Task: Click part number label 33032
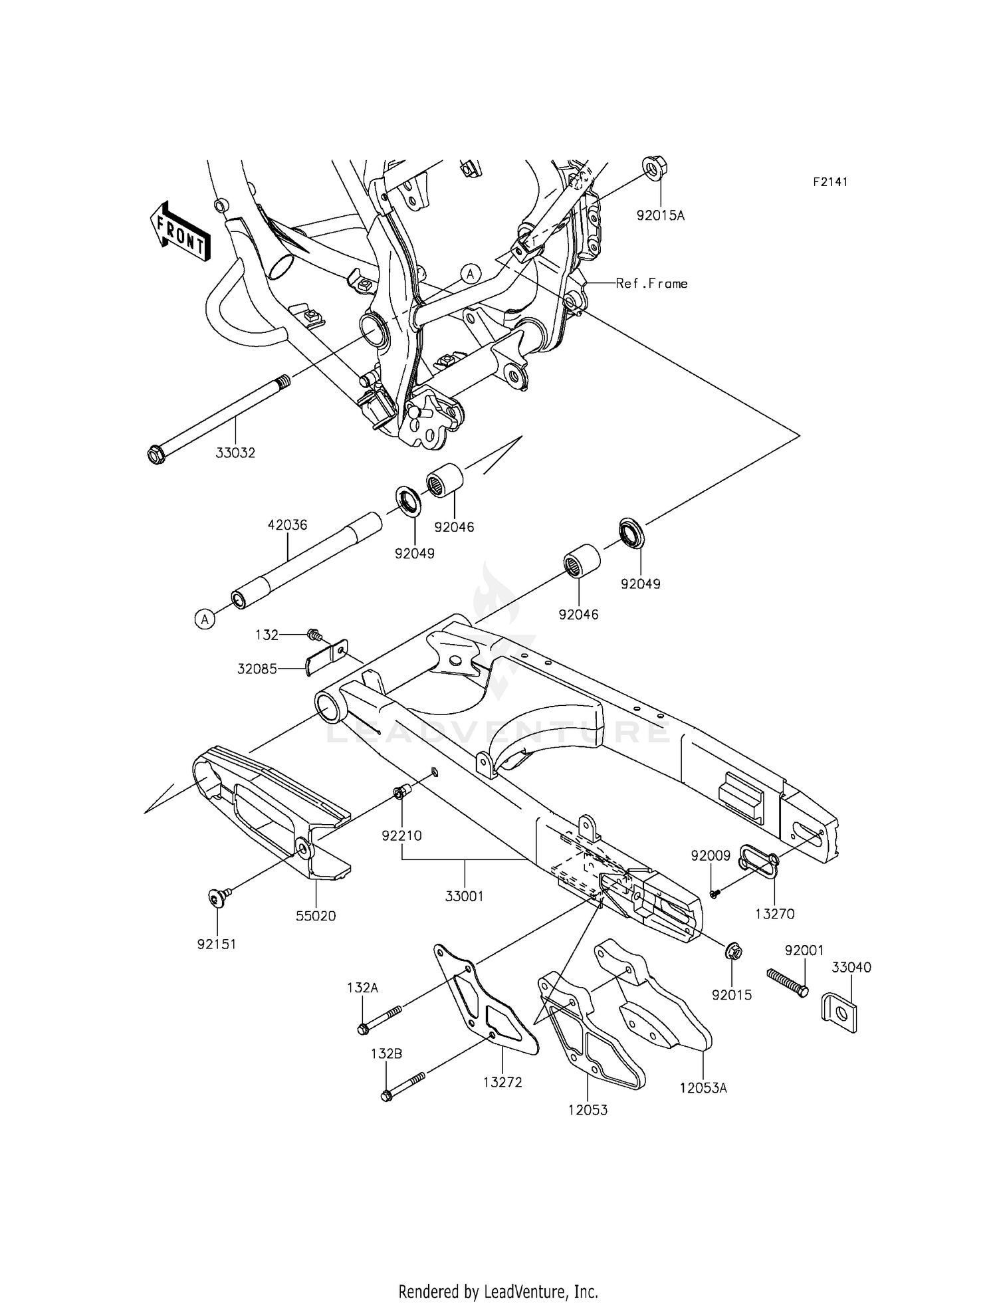coord(235,453)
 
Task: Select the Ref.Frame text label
coord(651,284)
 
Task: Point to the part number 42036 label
coord(287,525)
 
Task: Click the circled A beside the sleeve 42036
coord(205,619)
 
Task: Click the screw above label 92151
coord(216,899)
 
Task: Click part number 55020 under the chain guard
coord(316,916)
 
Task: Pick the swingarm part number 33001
coord(464,896)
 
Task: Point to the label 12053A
coord(703,1088)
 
